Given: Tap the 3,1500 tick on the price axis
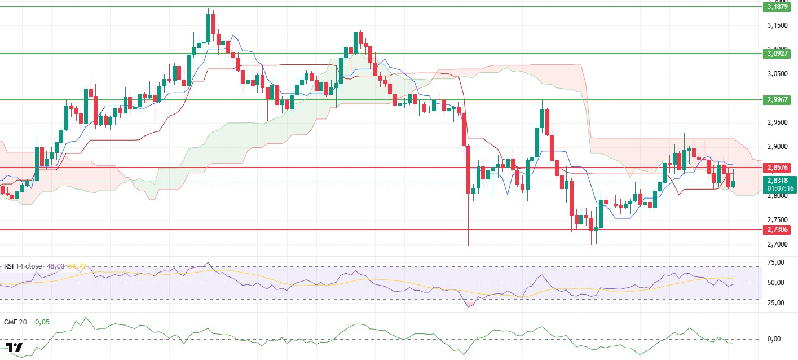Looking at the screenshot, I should [x=778, y=25].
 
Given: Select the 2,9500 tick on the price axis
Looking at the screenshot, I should [x=778, y=122].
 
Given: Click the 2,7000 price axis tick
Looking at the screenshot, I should [x=778, y=244].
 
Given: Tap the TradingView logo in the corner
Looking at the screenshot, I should [x=14, y=347].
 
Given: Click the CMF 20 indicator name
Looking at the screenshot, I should [x=15, y=322].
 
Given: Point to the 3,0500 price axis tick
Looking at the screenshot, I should [x=778, y=74].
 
